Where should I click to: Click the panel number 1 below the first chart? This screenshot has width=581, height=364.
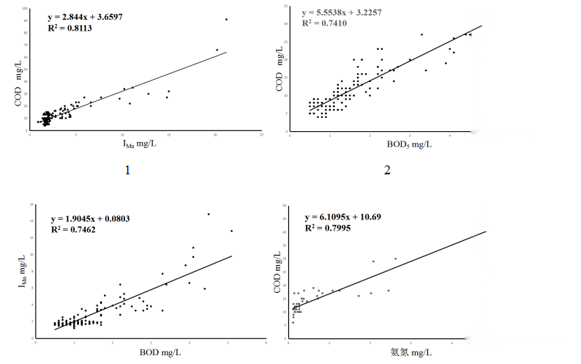click(x=127, y=171)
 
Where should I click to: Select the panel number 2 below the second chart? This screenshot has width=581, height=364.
click(x=386, y=171)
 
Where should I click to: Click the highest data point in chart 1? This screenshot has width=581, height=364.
click(x=226, y=19)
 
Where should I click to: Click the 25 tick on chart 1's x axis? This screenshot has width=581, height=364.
click(x=261, y=135)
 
